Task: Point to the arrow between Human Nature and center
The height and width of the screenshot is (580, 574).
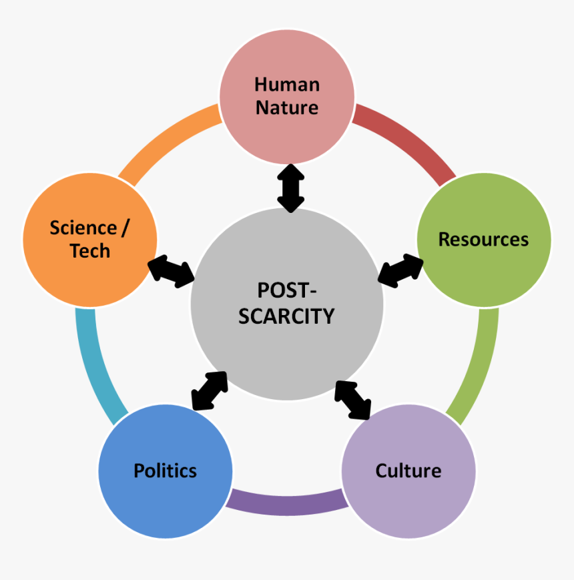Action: [291, 188]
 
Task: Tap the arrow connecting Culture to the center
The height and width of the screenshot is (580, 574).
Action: [352, 400]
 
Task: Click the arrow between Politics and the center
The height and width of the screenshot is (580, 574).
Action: [210, 390]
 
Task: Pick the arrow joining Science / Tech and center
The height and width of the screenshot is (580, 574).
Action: [171, 270]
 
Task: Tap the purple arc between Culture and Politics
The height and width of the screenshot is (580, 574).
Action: [287, 502]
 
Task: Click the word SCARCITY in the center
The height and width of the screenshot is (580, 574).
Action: [286, 316]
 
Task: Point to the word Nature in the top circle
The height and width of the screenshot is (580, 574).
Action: [287, 107]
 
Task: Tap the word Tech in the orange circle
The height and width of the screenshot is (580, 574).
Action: [90, 251]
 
